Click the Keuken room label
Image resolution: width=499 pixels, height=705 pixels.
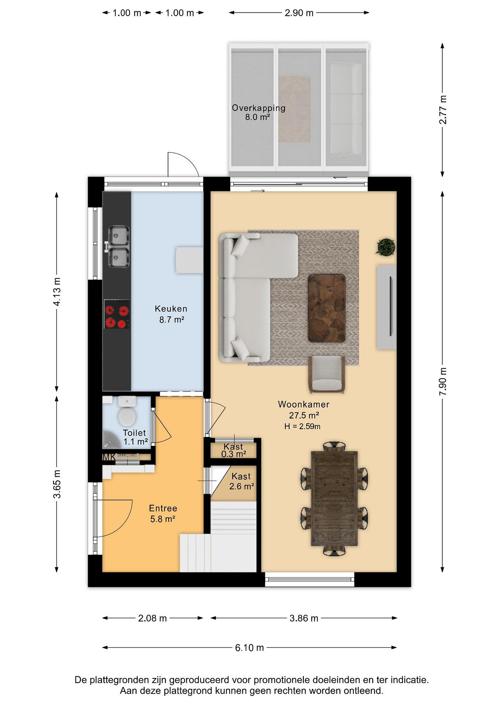click(x=171, y=309)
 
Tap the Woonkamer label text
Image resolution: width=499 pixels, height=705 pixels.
click(x=304, y=404)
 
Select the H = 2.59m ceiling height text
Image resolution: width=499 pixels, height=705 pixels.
click(x=303, y=426)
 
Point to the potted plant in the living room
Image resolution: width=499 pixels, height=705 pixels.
click(x=385, y=247)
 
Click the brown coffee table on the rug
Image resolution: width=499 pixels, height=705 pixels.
click(x=327, y=308)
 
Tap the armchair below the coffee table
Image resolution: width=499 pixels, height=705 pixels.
click(x=327, y=374)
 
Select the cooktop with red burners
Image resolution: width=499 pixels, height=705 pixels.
click(x=117, y=314)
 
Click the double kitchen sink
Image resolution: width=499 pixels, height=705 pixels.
click(x=118, y=246)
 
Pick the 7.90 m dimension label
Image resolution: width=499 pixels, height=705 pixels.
click(x=442, y=381)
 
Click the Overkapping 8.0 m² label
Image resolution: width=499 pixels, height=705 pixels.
click(x=258, y=112)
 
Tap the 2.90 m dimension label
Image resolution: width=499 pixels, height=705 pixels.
click(x=299, y=13)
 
